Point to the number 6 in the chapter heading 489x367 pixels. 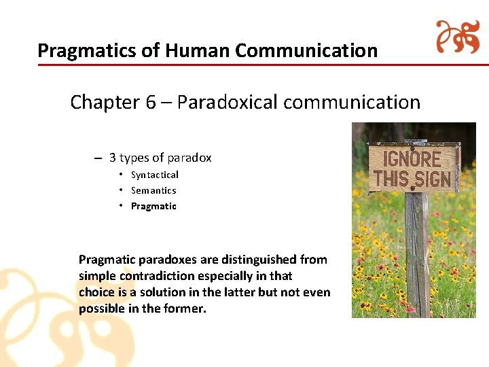click(150, 103)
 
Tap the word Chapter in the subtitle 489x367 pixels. click(105, 103)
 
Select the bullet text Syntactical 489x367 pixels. click(155, 175)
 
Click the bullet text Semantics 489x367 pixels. click(153, 191)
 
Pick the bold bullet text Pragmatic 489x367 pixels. click(153, 207)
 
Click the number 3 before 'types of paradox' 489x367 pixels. click(113, 158)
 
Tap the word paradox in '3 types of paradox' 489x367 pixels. click(189, 158)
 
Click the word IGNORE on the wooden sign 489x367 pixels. click(413, 160)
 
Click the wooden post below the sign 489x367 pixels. click(418, 258)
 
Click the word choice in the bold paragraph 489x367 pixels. click(97, 292)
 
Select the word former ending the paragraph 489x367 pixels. click(185, 309)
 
